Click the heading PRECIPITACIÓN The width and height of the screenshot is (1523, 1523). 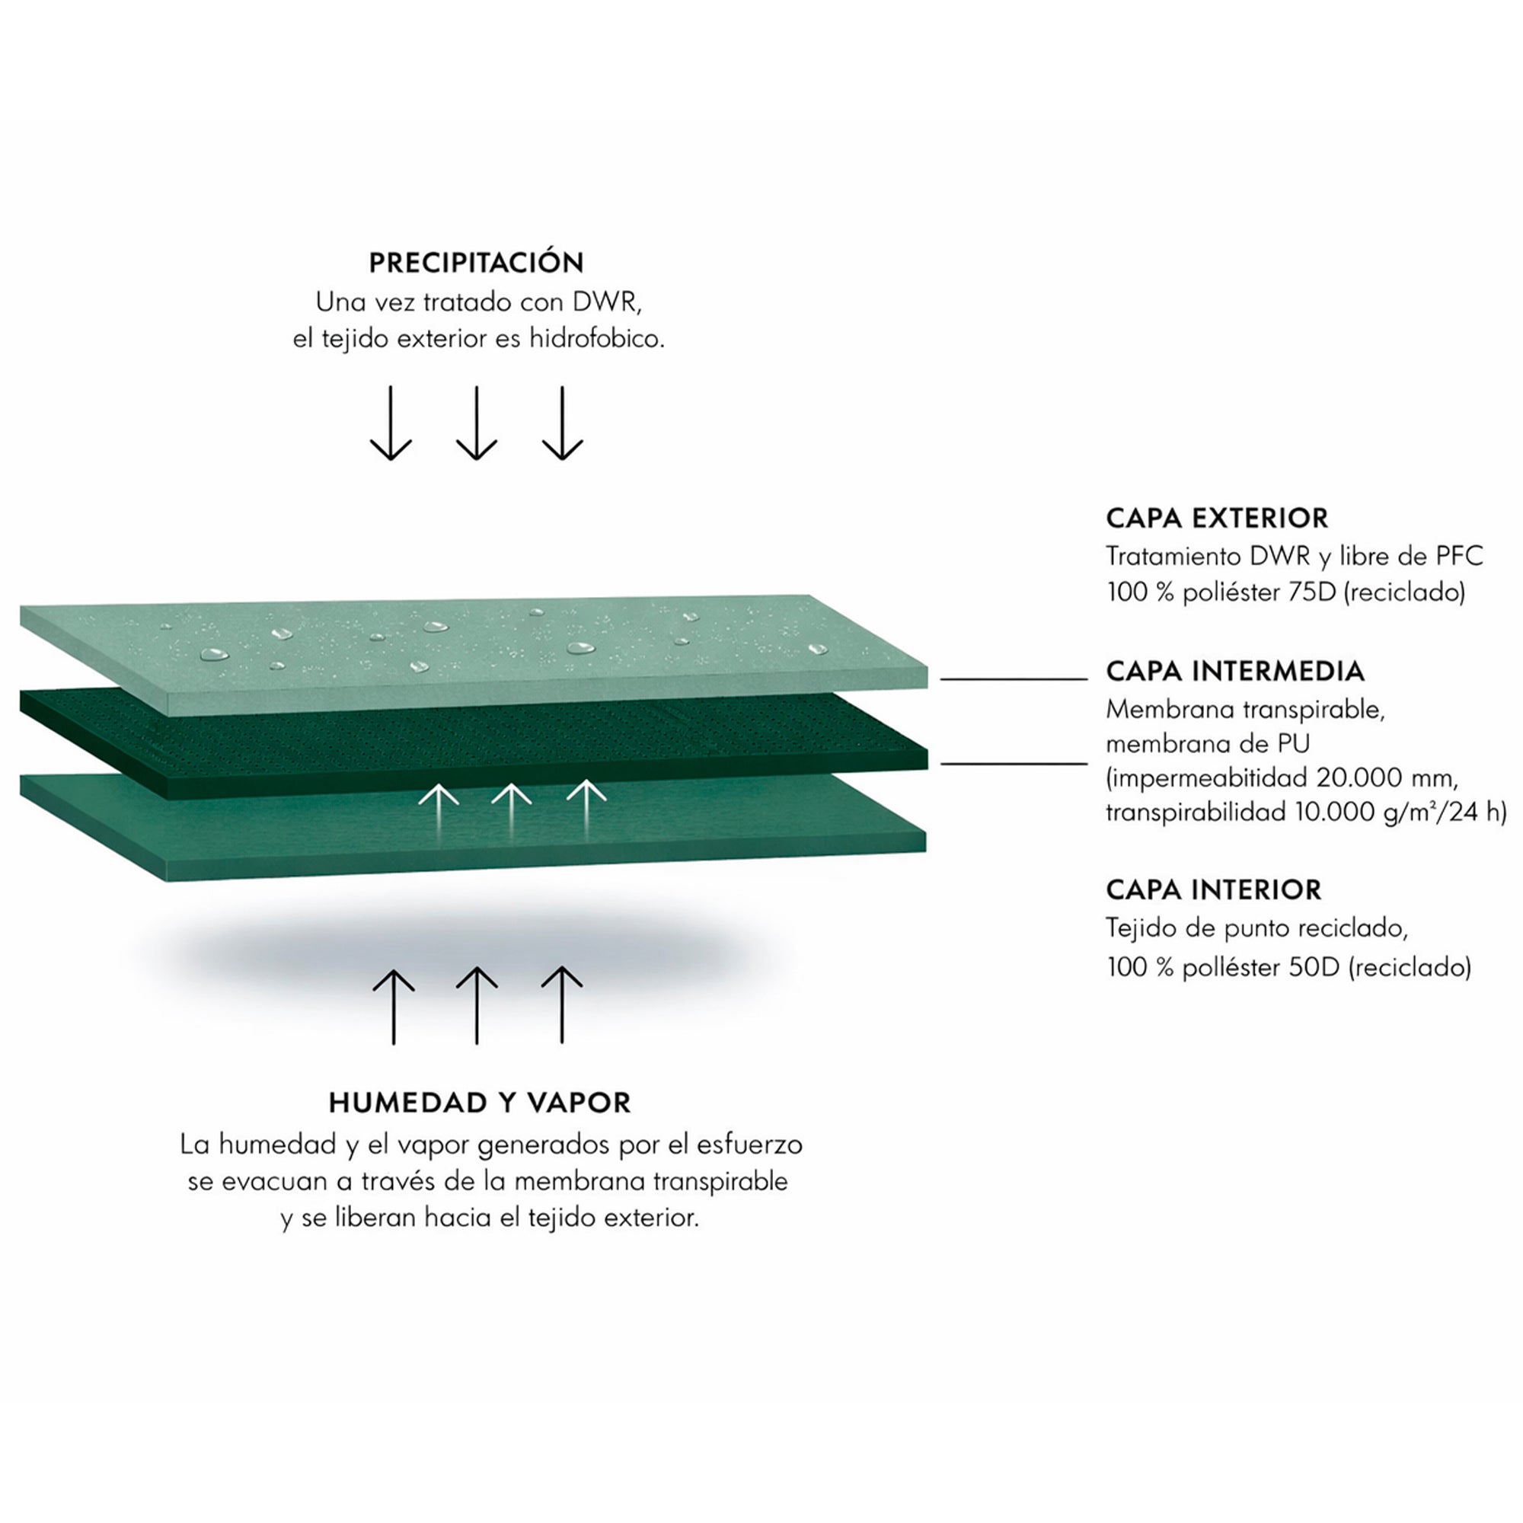point(476,262)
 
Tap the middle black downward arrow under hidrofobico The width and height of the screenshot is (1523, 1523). point(476,423)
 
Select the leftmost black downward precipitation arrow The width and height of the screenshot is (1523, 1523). point(391,423)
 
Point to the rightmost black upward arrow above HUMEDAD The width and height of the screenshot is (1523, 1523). point(562,1005)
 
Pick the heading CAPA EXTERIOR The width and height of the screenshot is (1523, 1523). point(1217,518)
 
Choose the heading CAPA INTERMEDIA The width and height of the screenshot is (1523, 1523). point(1235,671)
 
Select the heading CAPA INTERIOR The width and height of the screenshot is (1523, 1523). point(1214,889)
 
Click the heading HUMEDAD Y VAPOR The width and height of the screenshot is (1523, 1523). point(480,1103)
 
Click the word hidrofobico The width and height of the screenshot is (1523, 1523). point(597,339)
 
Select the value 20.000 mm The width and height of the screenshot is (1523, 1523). point(1387,778)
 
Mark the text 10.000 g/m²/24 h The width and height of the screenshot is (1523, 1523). point(1401,812)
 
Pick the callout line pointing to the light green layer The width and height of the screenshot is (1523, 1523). point(1014,678)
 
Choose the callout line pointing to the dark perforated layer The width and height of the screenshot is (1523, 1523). point(1014,764)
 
